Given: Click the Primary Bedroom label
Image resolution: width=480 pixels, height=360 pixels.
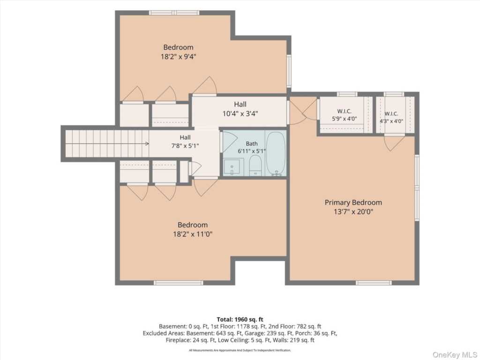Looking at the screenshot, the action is pos(353,202).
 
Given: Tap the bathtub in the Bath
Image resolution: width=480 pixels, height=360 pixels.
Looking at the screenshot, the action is pos(276,153).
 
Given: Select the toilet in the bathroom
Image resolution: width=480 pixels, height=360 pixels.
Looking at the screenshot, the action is pos(255,165).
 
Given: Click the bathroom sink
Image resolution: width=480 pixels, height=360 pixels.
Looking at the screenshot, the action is pos(232,167).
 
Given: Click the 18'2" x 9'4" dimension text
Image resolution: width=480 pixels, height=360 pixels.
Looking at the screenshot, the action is pos(178,57).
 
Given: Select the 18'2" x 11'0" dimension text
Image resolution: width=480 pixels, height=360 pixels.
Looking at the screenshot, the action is pos(193,234).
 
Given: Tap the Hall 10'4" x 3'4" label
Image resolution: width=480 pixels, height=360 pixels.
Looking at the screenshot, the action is pos(240,109).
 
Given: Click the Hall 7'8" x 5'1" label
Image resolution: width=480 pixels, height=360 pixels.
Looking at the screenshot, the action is pos(185,142).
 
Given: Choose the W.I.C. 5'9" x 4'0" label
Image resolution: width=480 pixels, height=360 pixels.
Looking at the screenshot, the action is pos(345,115).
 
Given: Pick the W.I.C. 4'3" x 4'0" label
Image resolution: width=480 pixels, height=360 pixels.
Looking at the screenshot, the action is pos(391,118).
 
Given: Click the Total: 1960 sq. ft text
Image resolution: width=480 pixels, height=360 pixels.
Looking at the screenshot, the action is pos(240,320).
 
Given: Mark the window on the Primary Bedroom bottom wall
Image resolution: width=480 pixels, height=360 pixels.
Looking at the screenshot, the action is pos(374,283).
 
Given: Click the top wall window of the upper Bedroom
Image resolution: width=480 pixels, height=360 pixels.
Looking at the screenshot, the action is pos(174,13).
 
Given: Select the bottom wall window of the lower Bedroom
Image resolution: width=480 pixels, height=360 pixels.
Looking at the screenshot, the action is pos(179,283).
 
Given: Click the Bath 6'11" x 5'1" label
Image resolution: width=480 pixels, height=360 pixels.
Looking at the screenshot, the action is pos(252,147).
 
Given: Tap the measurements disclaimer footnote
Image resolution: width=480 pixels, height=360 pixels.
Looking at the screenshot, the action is pos(240,350).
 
